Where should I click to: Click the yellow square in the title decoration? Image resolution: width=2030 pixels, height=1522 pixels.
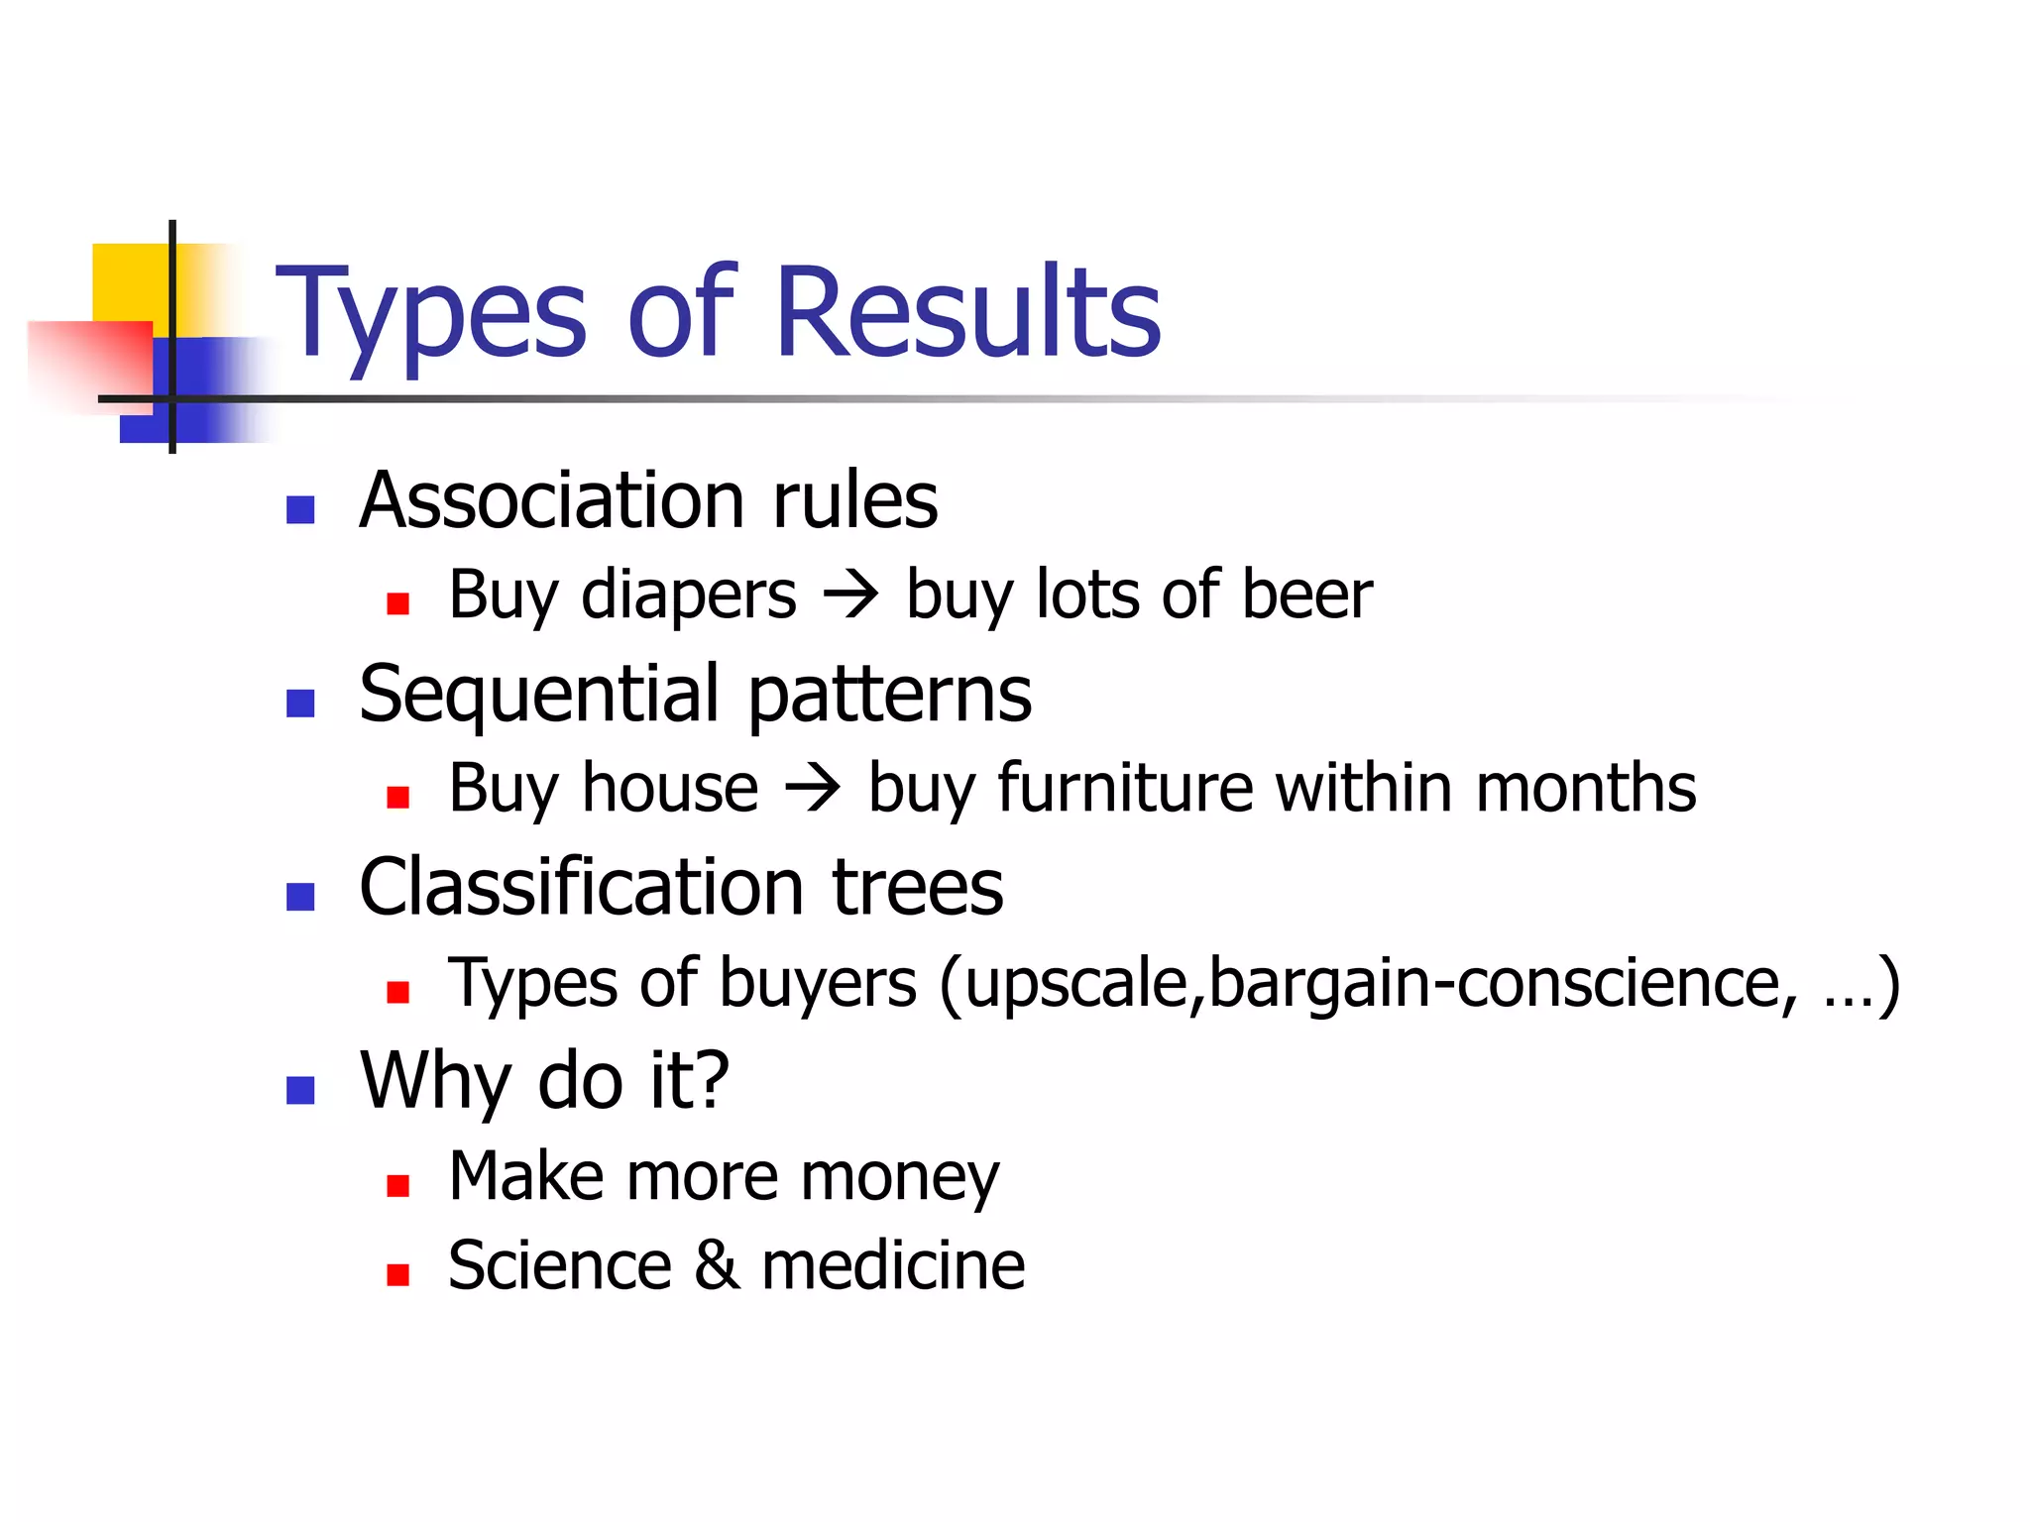tap(129, 281)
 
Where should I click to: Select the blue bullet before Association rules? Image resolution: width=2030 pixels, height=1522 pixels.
tap(300, 509)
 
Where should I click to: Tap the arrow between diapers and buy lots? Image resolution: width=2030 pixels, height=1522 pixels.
tap(850, 596)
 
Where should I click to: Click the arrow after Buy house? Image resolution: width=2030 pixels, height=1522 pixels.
tap(813, 789)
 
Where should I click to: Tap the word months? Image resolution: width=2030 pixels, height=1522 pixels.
tap(1586, 789)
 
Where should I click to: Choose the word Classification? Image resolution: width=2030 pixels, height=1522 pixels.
tap(581, 887)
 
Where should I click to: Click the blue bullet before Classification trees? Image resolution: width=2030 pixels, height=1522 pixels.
tap(300, 897)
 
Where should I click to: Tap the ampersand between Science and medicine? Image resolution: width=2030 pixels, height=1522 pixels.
tap(717, 1265)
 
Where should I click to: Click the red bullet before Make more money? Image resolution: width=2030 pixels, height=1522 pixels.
tap(398, 1186)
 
